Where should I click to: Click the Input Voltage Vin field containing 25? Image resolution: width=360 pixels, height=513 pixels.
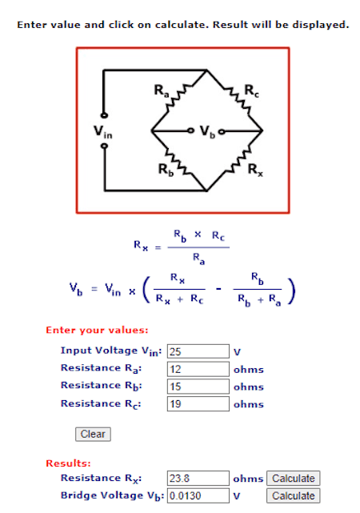[198, 351]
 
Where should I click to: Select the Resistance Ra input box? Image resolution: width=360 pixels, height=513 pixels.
[198, 369]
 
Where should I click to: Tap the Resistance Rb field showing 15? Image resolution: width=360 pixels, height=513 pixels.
[198, 387]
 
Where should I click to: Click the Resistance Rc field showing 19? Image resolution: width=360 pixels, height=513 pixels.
[198, 403]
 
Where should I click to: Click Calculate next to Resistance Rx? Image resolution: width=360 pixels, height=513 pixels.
[294, 479]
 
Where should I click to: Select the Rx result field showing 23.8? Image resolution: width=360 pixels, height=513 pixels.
[198, 479]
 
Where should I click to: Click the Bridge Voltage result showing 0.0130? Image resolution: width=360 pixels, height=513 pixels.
[198, 495]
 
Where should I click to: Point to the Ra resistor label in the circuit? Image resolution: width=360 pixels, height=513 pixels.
[162, 90]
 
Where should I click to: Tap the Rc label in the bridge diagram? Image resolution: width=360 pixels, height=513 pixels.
[251, 90]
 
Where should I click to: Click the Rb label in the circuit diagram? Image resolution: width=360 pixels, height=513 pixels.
[166, 170]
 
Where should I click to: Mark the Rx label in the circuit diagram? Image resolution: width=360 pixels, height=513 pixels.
[255, 170]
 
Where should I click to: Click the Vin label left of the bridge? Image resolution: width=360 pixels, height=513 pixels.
[102, 132]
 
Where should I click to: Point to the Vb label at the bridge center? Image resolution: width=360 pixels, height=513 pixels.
[207, 131]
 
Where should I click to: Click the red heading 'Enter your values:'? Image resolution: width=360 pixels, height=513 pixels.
[97, 330]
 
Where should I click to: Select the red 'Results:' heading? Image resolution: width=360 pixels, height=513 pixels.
[68, 463]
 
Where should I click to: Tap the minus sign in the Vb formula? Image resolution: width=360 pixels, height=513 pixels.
[218, 289]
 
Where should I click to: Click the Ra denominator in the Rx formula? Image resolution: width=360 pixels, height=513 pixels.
[198, 259]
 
